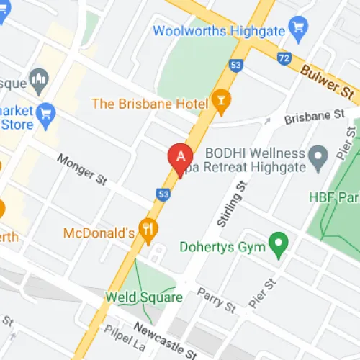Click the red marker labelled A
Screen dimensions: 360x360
pos(180,158)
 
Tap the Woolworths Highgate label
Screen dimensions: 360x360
pos(220,30)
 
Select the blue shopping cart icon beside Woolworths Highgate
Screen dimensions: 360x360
pos(297,29)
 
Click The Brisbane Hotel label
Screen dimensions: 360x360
pos(150,103)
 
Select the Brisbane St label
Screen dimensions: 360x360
pos(315,116)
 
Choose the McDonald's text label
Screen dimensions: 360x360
pos(100,233)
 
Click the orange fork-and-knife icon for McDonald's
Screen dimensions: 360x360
pos(149,230)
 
